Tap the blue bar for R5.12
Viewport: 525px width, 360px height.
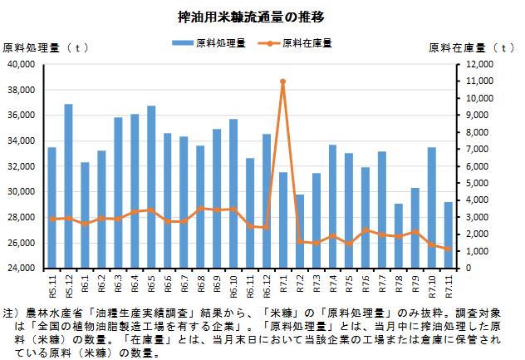(68, 186)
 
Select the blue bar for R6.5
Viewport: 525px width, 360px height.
(151, 187)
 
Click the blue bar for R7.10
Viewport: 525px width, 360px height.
(432, 208)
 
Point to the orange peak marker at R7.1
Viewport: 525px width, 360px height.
(283, 81)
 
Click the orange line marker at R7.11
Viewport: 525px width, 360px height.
(449, 249)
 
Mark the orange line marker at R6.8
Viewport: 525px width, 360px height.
(200, 209)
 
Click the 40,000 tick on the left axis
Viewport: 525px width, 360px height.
(20, 64)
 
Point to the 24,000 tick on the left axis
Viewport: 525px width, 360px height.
(20, 269)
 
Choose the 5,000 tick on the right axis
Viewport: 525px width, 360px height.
(478, 184)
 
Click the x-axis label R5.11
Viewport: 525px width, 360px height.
(52, 285)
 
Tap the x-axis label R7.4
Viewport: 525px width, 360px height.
(333, 284)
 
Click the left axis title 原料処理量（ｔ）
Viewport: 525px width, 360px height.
(47, 47)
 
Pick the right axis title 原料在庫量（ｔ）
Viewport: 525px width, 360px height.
(473, 47)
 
